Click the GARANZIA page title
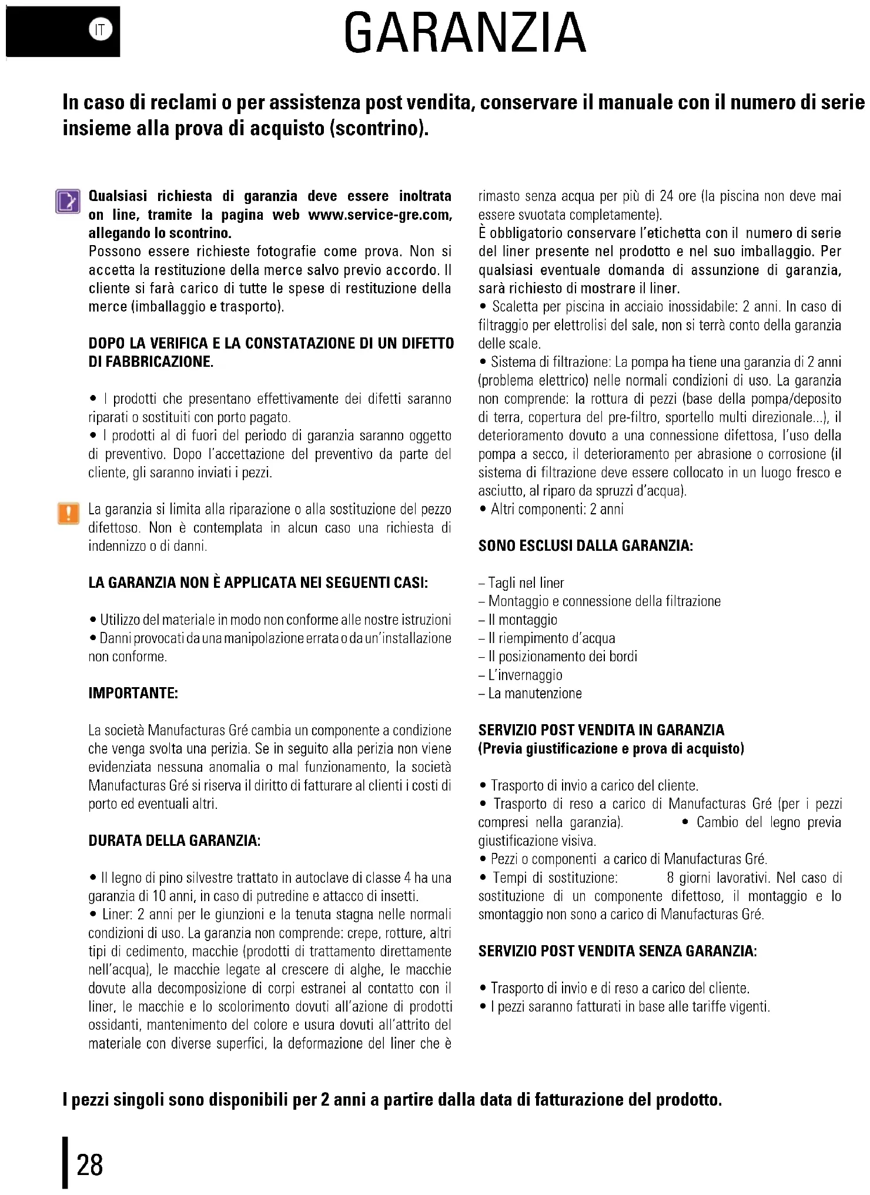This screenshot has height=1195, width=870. pyautogui.click(x=464, y=34)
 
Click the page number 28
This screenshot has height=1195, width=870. pyautogui.click(x=90, y=1164)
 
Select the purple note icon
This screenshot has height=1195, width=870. pyautogui.click(x=68, y=201)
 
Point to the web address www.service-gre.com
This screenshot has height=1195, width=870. pyautogui.click(x=380, y=215)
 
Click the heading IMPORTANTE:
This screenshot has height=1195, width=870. pyautogui.click(x=133, y=693)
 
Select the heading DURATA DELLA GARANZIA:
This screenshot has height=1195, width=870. pyautogui.click(x=174, y=841)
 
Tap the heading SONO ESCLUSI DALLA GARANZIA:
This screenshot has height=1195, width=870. pyautogui.click(x=585, y=546)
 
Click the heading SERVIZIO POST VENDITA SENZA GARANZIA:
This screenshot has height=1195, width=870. pyautogui.click(x=617, y=951)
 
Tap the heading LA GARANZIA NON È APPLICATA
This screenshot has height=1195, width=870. pyautogui.click(x=258, y=583)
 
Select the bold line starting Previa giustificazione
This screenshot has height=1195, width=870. pyautogui.click(x=611, y=749)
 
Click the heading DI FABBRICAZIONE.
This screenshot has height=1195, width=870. pyautogui.click(x=150, y=361)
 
